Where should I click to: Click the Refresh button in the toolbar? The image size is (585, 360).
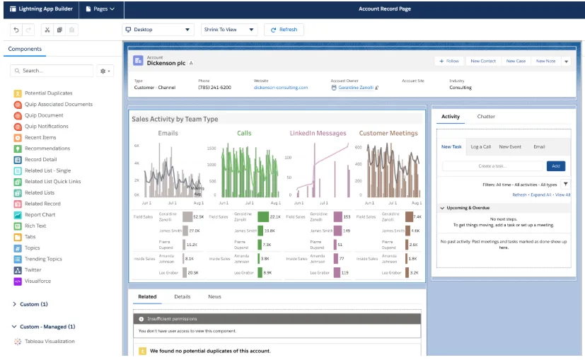pos(284,30)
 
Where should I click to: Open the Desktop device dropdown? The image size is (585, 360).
pos(158,30)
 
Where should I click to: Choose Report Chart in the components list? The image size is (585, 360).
pos(40,215)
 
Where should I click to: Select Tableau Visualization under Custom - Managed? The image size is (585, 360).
pos(50,341)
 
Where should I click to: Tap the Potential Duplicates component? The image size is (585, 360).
pos(48,93)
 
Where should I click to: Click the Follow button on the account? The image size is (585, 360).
pos(448,62)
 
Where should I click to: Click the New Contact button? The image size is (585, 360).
pos(483,62)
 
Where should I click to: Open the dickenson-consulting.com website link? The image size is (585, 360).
pos(281,88)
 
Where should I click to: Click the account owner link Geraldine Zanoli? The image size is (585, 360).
pos(356,88)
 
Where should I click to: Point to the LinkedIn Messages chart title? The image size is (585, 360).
pos(318,133)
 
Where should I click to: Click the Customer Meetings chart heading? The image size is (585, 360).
pos(388,133)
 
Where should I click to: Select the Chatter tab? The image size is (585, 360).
pos(486,117)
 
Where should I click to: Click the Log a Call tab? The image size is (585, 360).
pos(481,147)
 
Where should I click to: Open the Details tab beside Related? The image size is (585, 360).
pos(182,297)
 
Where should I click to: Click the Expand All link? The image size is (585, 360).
pos(540,194)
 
